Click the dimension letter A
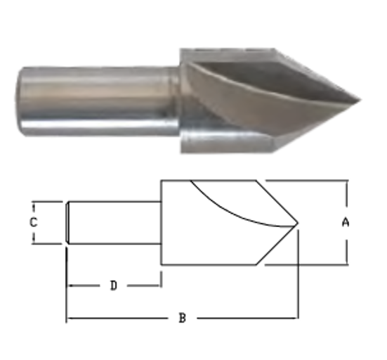345,222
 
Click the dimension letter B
182,319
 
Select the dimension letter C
32,222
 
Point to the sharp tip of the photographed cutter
358,98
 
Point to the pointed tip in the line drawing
299,226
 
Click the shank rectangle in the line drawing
112,222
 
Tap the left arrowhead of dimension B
69,319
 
